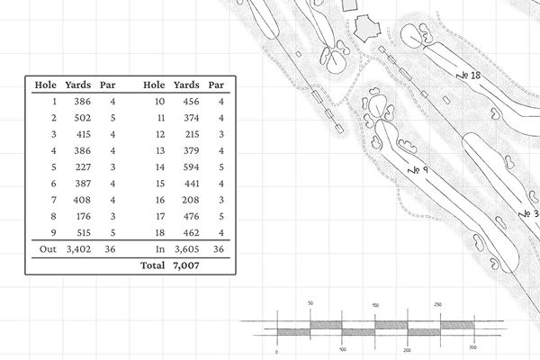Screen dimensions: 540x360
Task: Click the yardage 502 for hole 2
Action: (83, 118)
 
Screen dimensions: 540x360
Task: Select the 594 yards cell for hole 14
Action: (191, 167)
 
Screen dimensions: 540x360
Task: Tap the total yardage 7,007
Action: (186, 265)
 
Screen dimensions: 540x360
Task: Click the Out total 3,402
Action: (78, 249)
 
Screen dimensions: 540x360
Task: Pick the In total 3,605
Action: (187, 249)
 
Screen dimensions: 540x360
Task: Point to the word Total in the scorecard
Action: (153, 265)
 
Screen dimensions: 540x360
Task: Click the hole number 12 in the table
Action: (160, 135)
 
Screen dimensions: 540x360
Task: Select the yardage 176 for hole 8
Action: (83, 217)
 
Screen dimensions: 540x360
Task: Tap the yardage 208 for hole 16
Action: (191, 200)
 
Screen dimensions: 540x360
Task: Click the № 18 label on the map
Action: (468, 75)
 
